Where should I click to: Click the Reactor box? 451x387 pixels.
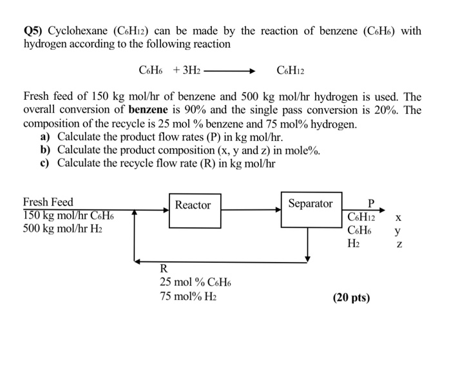click(193, 209)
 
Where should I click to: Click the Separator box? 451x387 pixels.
click(311, 209)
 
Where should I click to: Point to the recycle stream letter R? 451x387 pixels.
click(164, 269)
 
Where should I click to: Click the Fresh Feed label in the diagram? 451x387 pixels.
click(48, 202)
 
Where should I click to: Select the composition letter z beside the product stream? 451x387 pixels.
click(399, 244)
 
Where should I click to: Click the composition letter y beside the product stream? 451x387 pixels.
click(399, 230)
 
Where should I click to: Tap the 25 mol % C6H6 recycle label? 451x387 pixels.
click(195, 282)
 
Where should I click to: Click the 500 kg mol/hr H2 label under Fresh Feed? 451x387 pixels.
click(62, 229)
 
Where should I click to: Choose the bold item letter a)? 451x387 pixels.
click(46, 137)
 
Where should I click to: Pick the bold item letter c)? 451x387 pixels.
click(45, 163)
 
